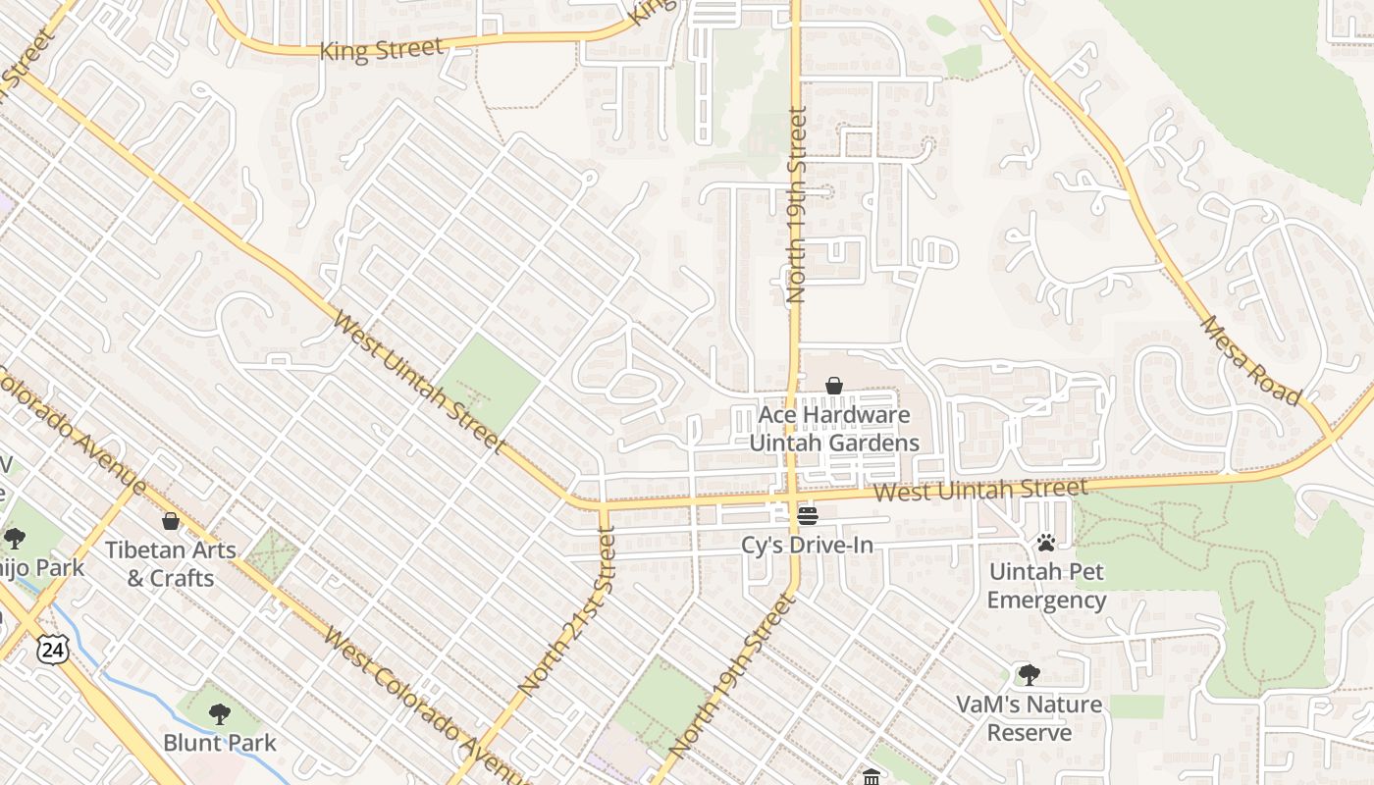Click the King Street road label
pyautogui.click(x=382, y=49)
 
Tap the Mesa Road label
pyautogui.click(x=1249, y=360)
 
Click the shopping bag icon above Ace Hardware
pyautogui.click(x=834, y=386)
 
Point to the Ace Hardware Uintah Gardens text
pyautogui.click(x=834, y=429)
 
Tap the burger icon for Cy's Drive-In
pyautogui.click(x=808, y=515)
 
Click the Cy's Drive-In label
pyautogui.click(x=807, y=545)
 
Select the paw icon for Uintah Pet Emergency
pyautogui.click(x=1046, y=542)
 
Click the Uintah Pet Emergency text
pyautogui.click(x=1046, y=586)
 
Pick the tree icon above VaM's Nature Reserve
pyautogui.click(x=1029, y=675)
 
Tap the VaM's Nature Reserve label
pyautogui.click(x=1030, y=718)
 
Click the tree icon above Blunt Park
pyautogui.click(x=220, y=713)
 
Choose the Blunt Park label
pyautogui.click(x=220, y=743)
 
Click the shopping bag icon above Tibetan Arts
pyautogui.click(x=171, y=520)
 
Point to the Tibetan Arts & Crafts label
pyautogui.click(x=171, y=564)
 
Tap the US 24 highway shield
pyautogui.click(x=53, y=648)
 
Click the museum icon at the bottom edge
pyautogui.click(x=871, y=777)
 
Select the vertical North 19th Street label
pyautogui.click(x=796, y=204)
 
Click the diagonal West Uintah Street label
pyautogui.click(x=418, y=382)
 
